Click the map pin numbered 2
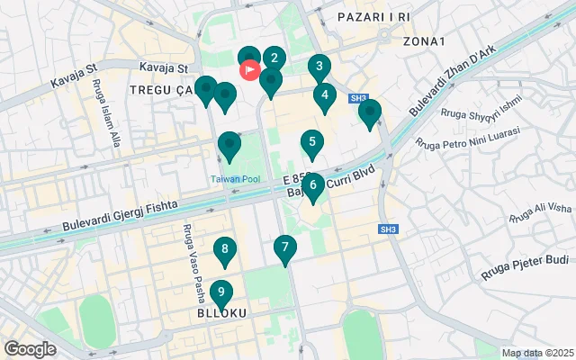274,59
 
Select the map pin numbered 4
324,95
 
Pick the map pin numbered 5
312,142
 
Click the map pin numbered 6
312,186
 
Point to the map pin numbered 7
285,247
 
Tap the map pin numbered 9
220,292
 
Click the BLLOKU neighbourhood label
221,312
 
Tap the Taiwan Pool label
236,179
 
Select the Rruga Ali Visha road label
540,212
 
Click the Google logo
30,348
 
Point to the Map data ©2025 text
537,353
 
